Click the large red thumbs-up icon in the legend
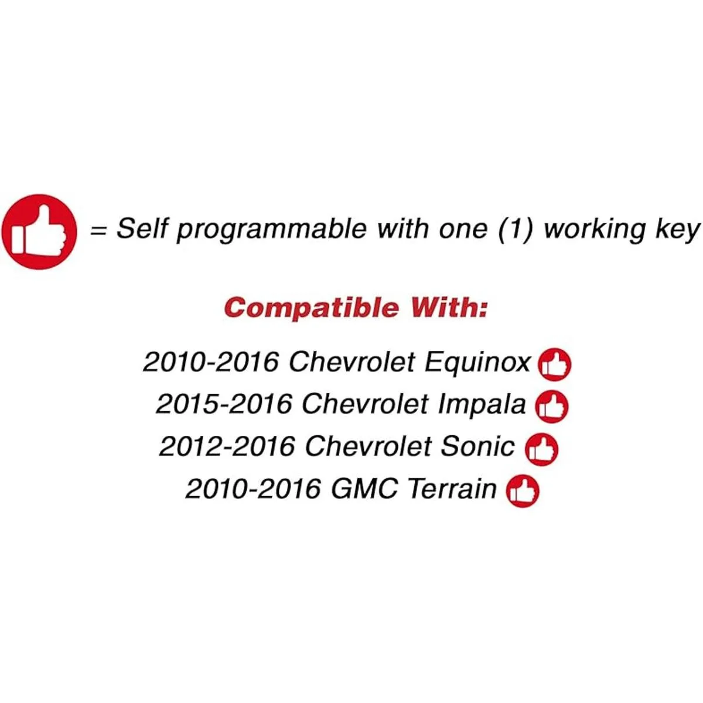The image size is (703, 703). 39,231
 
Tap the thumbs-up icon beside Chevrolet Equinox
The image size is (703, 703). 555,364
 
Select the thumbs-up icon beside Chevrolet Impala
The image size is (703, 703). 552,407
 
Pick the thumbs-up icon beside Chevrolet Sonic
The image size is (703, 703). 541,449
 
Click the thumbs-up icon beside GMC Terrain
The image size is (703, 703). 523,491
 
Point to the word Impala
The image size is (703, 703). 482,405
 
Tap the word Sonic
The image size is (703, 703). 477,446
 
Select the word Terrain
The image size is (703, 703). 452,489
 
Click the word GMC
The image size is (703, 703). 364,489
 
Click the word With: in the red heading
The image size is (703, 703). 449,307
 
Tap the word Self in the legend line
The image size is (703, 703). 142,228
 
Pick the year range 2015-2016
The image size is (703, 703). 224,405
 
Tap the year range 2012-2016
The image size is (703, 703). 227,446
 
